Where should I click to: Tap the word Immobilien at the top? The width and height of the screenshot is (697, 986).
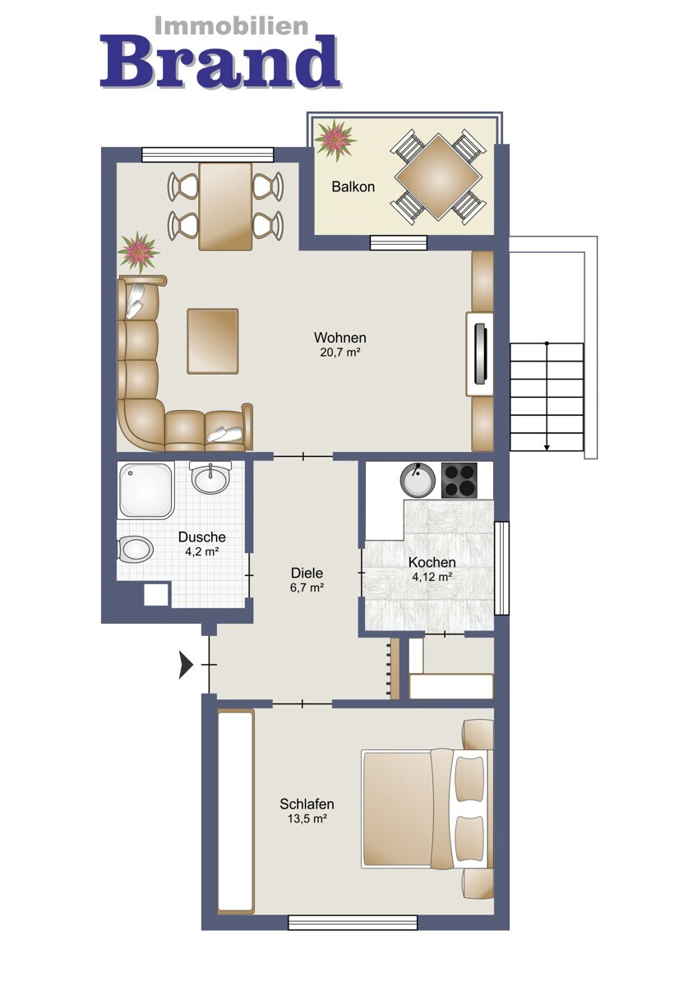coord(232,26)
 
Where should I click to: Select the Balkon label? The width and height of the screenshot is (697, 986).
coord(353,187)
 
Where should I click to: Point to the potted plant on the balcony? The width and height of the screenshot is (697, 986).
coord(335,140)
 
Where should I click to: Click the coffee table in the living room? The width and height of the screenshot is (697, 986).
coord(213,341)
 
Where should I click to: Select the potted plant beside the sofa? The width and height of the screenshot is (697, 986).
coord(139,252)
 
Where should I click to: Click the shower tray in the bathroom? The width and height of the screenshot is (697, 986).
coord(146,489)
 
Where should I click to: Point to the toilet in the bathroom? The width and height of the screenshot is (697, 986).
coord(135,549)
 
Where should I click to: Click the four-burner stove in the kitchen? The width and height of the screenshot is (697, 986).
coord(459,480)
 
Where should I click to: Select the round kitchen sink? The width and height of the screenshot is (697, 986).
coord(418,480)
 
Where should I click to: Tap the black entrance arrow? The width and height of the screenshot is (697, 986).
coord(186,665)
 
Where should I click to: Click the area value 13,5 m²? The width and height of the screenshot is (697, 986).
coord(307,818)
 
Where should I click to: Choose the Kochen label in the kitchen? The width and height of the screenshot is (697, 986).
coord(432,562)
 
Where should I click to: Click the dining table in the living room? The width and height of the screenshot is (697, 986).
coord(225,206)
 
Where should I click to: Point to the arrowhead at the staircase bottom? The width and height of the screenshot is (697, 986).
coord(547,448)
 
